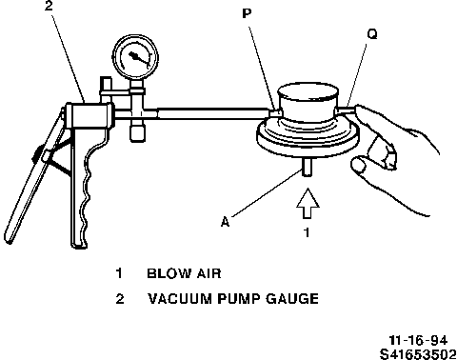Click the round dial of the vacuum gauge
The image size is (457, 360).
pos(135,57)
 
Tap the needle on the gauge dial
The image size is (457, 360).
pos(139,59)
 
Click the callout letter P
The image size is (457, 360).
pos(247,13)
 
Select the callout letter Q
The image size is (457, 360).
pos(372,34)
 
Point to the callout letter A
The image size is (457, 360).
pos(225,221)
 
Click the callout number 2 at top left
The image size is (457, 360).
pos(49,6)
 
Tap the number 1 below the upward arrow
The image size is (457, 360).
pos(307,232)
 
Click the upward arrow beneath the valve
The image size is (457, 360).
pos(308,204)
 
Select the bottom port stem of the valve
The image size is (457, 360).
pos(307,167)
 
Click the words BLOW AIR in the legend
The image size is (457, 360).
pos(184,273)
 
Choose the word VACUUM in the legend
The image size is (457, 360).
pos(180,299)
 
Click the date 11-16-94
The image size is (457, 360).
pos(418,340)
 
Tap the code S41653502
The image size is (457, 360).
pos(418,354)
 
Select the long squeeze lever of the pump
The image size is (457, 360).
pos(31,178)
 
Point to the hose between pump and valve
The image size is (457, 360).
pos(213,113)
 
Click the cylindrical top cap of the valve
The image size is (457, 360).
pos(308,102)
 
